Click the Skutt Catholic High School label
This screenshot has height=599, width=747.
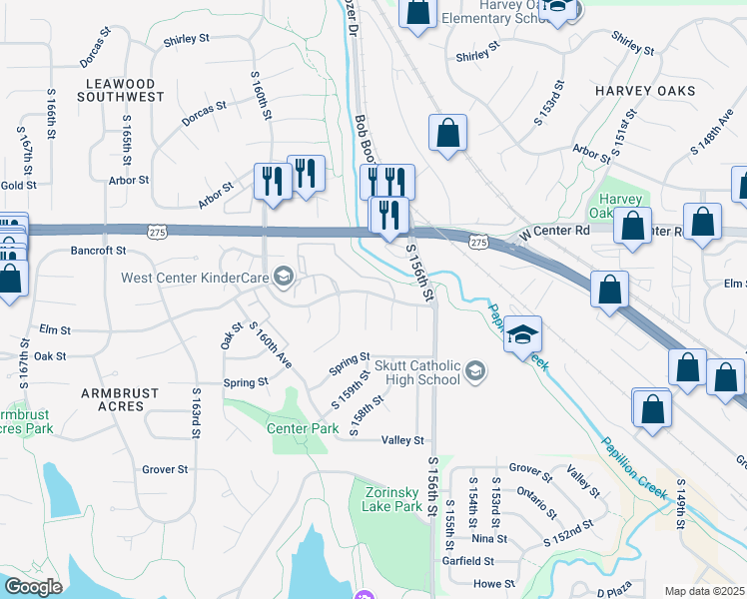tap(417, 372)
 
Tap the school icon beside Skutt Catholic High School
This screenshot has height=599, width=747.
tap(476, 372)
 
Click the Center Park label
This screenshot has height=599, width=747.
tap(304, 427)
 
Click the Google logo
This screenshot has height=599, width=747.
tap(33, 587)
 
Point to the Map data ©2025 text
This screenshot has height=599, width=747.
tap(704, 591)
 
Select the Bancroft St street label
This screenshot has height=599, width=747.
tap(98, 251)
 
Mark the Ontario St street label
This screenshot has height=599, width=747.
tap(537, 501)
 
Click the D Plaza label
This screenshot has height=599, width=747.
tap(616, 593)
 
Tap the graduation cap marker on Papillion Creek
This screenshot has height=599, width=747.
tap(522, 335)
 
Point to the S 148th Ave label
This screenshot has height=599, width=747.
tap(712, 132)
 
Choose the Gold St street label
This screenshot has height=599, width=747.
tap(18, 185)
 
